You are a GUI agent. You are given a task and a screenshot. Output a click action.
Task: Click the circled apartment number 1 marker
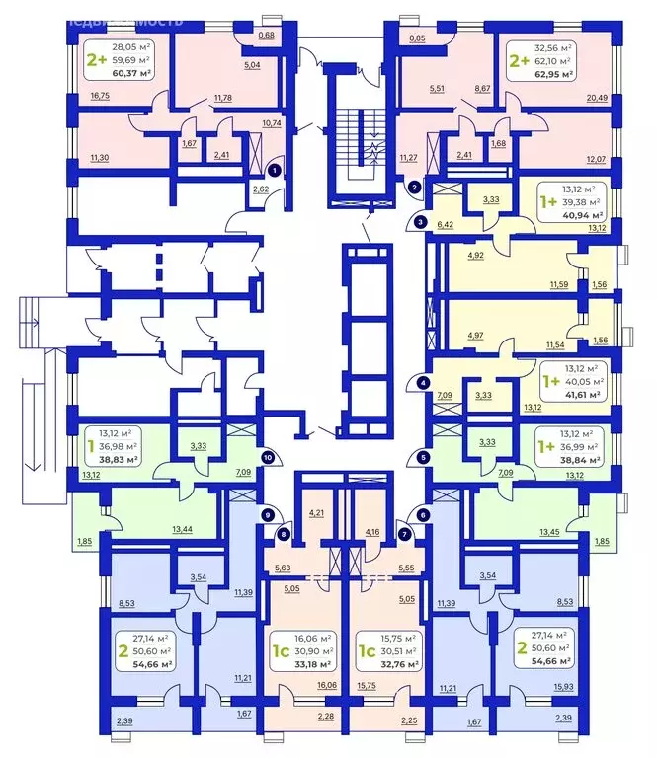[x=274, y=170]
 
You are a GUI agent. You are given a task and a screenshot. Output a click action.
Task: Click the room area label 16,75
[x=100, y=97]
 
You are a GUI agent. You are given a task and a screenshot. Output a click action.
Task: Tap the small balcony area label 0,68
[x=266, y=36]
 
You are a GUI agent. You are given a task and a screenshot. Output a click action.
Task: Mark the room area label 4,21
[x=316, y=513]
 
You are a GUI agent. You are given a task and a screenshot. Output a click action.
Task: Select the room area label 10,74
[x=271, y=123]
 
